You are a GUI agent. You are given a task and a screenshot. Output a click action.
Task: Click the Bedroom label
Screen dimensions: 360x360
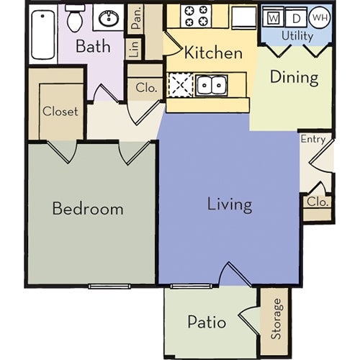coord(88,210)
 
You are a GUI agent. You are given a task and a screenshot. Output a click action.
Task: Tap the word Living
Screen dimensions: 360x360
coord(230,204)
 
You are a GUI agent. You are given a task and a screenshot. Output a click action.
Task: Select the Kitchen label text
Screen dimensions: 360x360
coord(213,53)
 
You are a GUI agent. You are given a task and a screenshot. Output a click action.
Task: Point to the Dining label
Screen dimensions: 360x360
coord(294,77)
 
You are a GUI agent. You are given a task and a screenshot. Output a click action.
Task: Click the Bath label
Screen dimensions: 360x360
coord(94,47)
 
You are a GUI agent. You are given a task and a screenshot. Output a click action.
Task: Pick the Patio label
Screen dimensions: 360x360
coord(207,321)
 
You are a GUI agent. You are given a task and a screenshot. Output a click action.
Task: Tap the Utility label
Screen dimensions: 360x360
coord(297,35)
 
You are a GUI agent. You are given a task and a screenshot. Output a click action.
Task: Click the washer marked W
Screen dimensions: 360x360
coord(274,17)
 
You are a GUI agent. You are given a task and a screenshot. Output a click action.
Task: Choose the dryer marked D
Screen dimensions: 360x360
coord(295,17)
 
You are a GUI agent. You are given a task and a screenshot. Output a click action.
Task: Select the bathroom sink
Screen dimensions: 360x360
coord(110,18)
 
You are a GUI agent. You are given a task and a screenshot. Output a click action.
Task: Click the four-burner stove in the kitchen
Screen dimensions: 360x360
coord(195,17)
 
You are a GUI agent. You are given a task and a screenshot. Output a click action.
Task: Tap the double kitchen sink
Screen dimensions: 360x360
coord(212,86)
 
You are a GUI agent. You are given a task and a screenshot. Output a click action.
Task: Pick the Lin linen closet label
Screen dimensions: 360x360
coord(134,49)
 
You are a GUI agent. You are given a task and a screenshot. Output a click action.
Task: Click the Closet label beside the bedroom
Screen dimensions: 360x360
coord(60,112)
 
